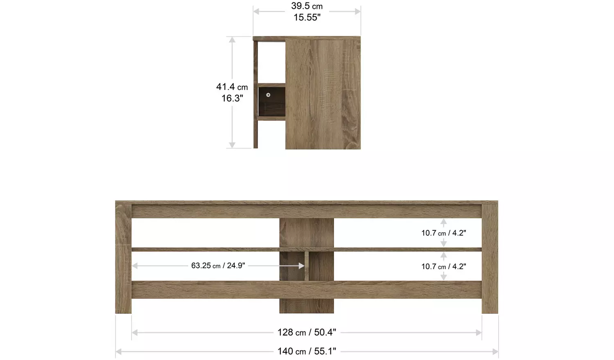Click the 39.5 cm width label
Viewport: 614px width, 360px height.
click(307, 6)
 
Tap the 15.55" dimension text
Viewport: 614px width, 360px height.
click(307, 17)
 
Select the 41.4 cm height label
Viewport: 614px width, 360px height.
click(232, 87)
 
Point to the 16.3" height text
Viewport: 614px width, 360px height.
click(232, 98)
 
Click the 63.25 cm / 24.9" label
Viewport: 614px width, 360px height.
click(218, 266)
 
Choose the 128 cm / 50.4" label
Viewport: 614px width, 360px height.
click(307, 332)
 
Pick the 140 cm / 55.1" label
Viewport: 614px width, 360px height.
click(307, 351)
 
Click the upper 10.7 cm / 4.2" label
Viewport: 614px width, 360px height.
click(444, 233)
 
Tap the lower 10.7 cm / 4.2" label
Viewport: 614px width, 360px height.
click(444, 266)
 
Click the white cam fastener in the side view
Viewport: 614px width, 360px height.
click(268, 95)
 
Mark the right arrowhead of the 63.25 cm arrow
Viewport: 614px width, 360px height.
click(302, 266)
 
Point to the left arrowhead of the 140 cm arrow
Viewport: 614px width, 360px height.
click(119, 351)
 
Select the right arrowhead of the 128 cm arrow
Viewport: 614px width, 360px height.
click(479, 333)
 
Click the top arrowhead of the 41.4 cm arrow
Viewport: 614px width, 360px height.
click(232, 40)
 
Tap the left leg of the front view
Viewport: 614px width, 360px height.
click(123, 258)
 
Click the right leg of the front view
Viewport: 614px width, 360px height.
click(490, 258)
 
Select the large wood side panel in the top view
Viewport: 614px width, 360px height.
click(323, 93)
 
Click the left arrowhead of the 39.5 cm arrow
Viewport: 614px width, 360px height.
click(256, 11)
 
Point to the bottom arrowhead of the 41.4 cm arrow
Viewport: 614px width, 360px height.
click(232, 145)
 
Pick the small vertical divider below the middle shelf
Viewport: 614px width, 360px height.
click(307, 266)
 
